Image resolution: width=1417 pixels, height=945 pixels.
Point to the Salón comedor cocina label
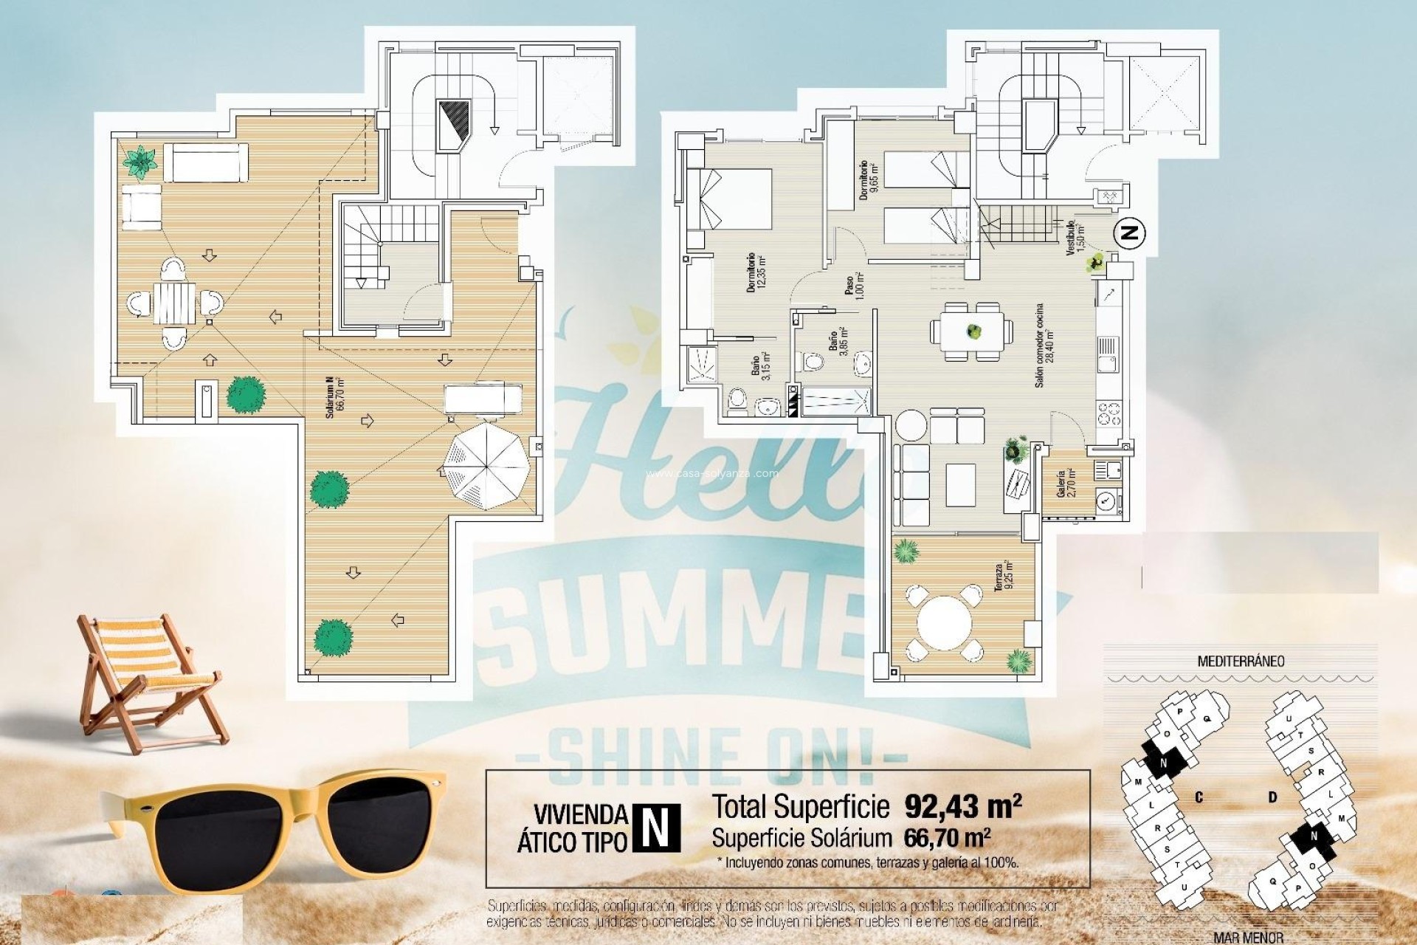(1040, 346)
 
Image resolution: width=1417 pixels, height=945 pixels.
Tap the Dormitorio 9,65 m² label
(869, 177)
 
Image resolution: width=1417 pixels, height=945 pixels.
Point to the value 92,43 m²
(962, 806)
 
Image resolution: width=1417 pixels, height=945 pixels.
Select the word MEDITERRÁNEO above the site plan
(1240, 661)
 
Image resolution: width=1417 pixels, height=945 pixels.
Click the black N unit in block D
(1314, 836)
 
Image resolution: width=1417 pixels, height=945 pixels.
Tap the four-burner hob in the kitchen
(1109, 413)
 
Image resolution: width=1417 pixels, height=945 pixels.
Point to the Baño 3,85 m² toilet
(812, 362)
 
